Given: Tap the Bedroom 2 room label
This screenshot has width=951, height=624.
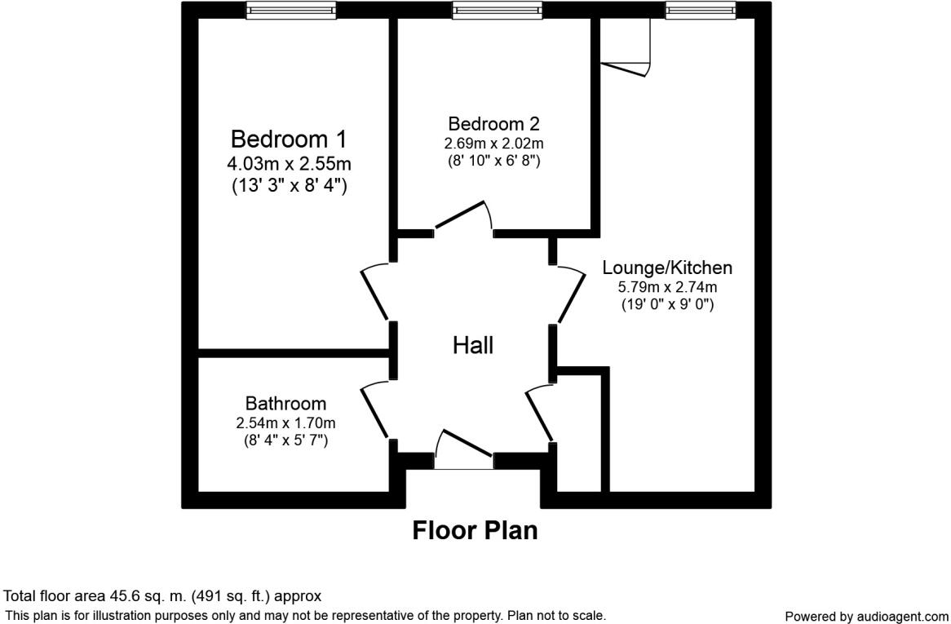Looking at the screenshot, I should click(x=493, y=124).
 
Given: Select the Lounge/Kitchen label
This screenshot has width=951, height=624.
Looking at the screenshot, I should click(x=667, y=268).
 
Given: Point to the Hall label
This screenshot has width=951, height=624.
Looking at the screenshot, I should click(x=473, y=346).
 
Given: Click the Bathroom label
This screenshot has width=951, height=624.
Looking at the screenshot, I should click(x=285, y=404).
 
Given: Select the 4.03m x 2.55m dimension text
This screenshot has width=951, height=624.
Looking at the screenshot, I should click(x=290, y=164).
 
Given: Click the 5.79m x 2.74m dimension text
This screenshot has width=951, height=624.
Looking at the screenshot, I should click(x=667, y=287).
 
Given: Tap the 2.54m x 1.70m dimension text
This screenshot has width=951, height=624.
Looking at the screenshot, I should click(x=285, y=423).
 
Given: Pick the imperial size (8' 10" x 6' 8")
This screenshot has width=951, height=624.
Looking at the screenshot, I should click(x=493, y=161).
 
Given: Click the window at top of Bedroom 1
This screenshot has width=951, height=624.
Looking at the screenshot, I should click(x=291, y=11).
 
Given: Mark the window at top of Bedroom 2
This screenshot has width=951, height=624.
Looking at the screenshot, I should click(x=497, y=11).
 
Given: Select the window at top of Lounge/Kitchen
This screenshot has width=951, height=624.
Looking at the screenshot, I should click(x=701, y=11).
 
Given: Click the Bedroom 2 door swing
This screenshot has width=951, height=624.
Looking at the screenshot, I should click(x=463, y=217).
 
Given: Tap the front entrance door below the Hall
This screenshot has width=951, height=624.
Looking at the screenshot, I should click(x=463, y=450).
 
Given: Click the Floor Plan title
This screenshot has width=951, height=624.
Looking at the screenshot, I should click(x=475, y=530).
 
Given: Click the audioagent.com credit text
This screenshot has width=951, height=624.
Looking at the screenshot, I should click(x=866, y=617).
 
